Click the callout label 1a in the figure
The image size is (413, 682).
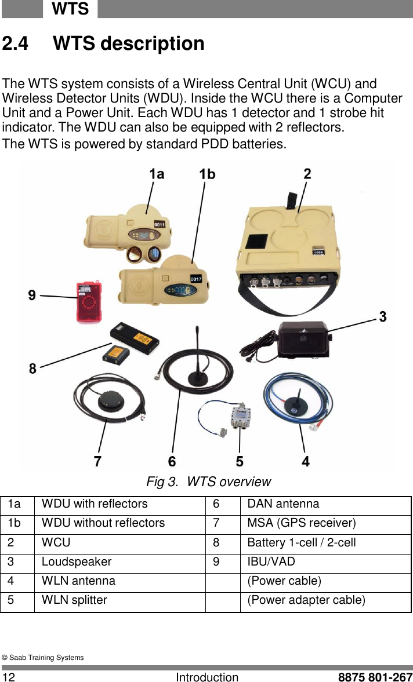click(157, 174)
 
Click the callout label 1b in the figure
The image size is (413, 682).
click(207, 174)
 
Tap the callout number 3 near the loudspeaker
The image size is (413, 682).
click(383, 317)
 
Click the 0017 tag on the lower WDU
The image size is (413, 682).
click(197, 279)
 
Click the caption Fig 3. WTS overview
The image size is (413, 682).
click(208, 482)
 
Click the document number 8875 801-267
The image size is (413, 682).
click(375, 677)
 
